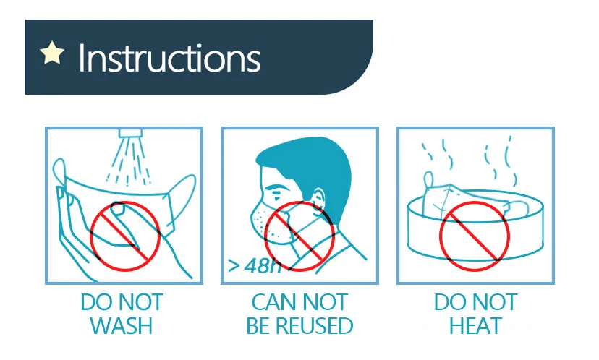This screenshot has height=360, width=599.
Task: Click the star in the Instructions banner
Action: (x=52, y=53)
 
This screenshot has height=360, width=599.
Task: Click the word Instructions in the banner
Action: (x=169, y=58)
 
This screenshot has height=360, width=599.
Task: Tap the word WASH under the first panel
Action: (x=121, y=325)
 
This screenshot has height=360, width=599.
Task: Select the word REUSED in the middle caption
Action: (x=315, y=325)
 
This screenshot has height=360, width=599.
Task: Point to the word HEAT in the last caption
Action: (x=475, y=325)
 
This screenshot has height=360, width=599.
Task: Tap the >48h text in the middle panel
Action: (x=254, y=265)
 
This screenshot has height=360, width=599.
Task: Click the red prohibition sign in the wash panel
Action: (x=124, y=236)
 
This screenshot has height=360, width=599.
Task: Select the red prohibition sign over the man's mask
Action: (x=299, y=236)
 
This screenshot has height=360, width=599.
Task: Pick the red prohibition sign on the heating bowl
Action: (x=474, y=236)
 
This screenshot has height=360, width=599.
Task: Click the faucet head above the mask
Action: (x=131, y=134)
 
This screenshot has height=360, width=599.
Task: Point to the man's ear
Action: (x=318, y=199)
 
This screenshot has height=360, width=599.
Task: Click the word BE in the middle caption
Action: (x=258, y=325)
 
